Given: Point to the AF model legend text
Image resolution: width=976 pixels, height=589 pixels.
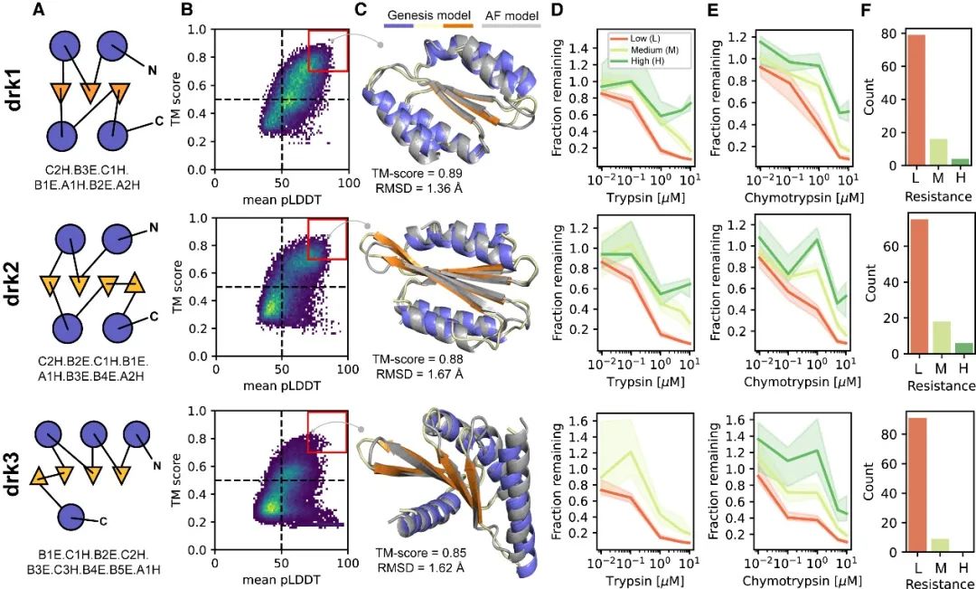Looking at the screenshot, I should point(511,15).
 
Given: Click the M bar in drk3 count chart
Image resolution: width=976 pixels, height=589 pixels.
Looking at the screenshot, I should point(931,545).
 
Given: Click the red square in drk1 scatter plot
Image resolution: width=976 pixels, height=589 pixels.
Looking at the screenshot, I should point(328,50).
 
